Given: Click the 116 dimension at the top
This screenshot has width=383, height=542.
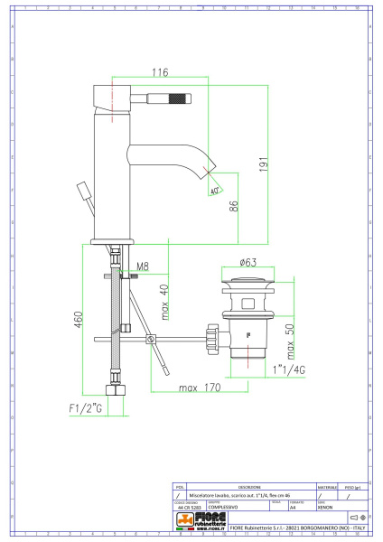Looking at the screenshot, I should pos(160,72).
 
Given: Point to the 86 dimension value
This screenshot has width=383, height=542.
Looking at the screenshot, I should pos(233,206).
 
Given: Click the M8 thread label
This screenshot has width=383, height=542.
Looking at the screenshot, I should pos(141,267).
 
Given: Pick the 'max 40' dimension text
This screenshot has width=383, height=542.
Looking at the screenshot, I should pos(163,301).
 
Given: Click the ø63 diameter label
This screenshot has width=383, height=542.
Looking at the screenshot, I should pos(249,264).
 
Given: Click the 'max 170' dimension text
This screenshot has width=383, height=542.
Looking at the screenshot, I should pos(199,389).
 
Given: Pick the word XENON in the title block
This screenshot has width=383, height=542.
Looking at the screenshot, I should pos(326,507).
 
